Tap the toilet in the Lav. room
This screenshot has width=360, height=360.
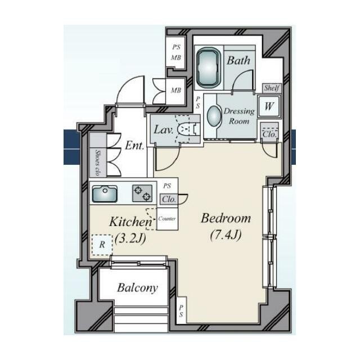186,129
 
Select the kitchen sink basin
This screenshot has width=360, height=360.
105,193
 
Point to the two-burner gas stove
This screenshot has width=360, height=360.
142,193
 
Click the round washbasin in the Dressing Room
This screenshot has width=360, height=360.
214,116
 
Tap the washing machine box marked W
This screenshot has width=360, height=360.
269,106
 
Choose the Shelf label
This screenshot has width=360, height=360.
272,88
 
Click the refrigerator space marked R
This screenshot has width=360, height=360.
102,245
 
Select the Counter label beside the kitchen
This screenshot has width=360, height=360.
167,219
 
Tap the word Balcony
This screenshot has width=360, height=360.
137,288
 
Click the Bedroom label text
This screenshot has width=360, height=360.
226,218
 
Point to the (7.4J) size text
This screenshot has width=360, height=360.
226,235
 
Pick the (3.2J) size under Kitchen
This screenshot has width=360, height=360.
130,238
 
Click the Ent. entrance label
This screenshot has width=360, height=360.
135,145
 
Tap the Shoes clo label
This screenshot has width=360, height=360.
97,163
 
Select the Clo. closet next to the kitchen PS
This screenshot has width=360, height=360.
169,199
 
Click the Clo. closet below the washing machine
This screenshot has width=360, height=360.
269,134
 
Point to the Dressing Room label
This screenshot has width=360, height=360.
239,116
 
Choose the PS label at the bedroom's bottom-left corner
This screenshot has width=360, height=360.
181,310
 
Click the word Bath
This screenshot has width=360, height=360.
238,60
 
